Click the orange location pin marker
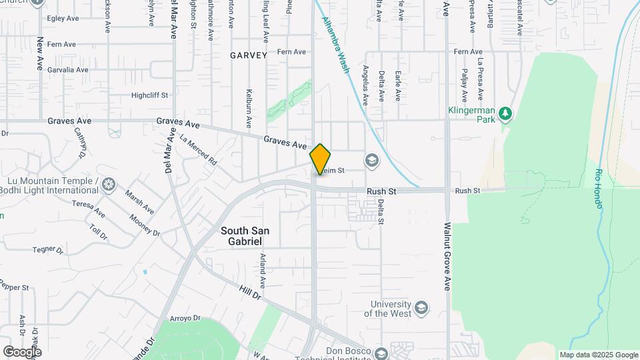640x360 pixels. coord(320,159)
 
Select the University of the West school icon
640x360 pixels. coord(421,307)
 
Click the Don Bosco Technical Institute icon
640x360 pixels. coord(381,353)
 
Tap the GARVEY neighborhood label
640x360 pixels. coord(249,55)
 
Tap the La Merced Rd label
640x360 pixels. coord(199,149)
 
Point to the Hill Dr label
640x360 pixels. coord(251,292)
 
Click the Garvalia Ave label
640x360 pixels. coord(63,70)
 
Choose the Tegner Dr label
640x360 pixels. coord(47,250)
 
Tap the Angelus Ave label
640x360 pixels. coord(365,85)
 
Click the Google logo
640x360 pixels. coord(22,351)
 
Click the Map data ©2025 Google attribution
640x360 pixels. coord(598,355)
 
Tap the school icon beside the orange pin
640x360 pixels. coord(371,161)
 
